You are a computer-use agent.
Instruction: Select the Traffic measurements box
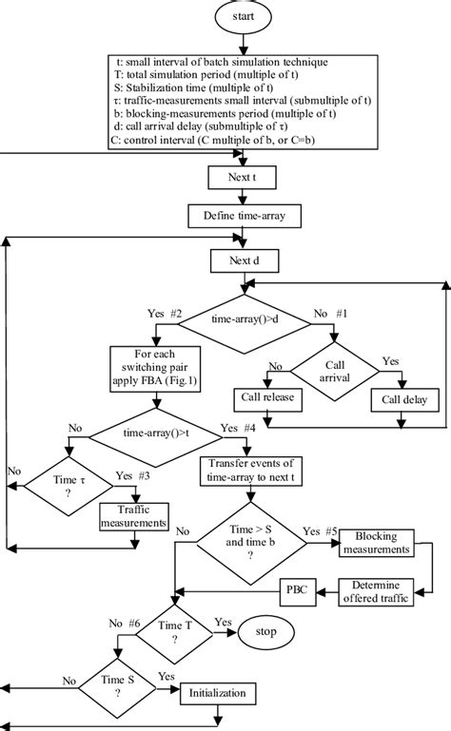tap(135, 516)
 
